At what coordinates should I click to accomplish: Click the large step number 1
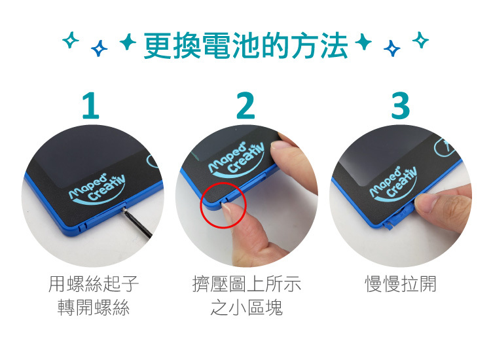pyautogui.click(x=91, y=105)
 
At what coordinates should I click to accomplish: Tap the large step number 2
pyautogui.click(x=245, y=105)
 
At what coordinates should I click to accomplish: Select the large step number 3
pyautogui.click(x=401, y=105)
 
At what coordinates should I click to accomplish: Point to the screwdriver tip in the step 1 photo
pyautogui.click(x=124, y=209)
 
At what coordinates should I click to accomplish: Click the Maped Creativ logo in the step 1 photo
pyautogui.click(x=97, y=189)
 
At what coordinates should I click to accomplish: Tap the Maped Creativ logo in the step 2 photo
pyautogui.click(x=237, y=159)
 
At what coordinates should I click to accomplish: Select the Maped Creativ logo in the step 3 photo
pyautogui.click(x=393, y=185)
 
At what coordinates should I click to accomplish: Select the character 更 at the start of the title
pyautogui.click(x=158, y=46)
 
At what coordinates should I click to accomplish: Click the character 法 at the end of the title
pyautogui.click(x=334, y=46)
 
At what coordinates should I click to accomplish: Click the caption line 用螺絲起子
pyautogui.click(x=94, y=284)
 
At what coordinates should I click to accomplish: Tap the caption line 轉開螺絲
pyautogui.click(x=94, y=307)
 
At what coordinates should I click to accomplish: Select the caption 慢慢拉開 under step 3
pyautogui.click(x=401, y=284)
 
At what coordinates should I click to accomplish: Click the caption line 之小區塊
pyautogui.click(x=246, y=307)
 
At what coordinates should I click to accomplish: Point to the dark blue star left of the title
pyautogui.click(x=99, y=48)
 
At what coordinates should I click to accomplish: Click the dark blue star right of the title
pyautogui.click(x=391, y=48)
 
